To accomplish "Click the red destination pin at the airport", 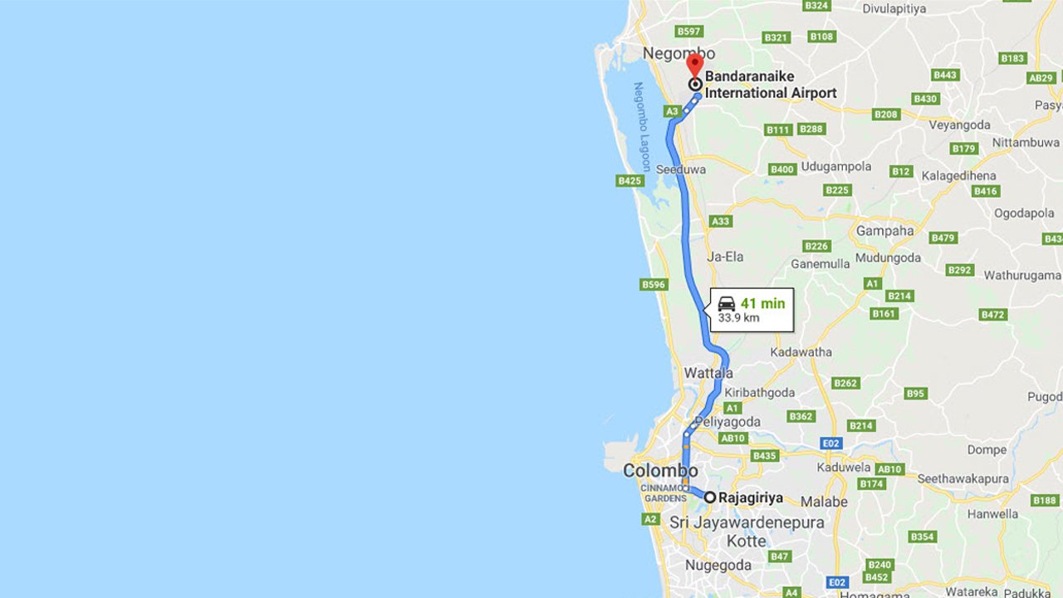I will tap(695, 64).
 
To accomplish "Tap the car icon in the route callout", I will tap(727, 303).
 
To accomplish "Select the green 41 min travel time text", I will tap(762, 303).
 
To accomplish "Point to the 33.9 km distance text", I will tap(739, 318).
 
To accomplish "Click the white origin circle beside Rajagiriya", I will tap(710, 498).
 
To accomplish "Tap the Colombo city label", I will tap(660, 471).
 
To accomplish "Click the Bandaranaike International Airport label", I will tap(770, 85).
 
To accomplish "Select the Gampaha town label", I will tap(884, 231).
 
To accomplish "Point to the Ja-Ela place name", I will tap(725, 257).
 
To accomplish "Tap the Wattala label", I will tap(708, 374).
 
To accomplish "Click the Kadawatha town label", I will tap(801, 352).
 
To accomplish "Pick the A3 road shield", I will tap(673, 111).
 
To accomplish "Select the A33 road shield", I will tap(721, 221).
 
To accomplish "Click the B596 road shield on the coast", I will tap(654, 285).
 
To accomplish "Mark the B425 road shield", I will tap(629, 180).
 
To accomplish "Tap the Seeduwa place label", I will tap(681, 169).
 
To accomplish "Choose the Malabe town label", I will tap(824, 502).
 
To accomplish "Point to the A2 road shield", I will tap(650, 519).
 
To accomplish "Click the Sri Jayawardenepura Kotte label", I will tap(746, 531).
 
